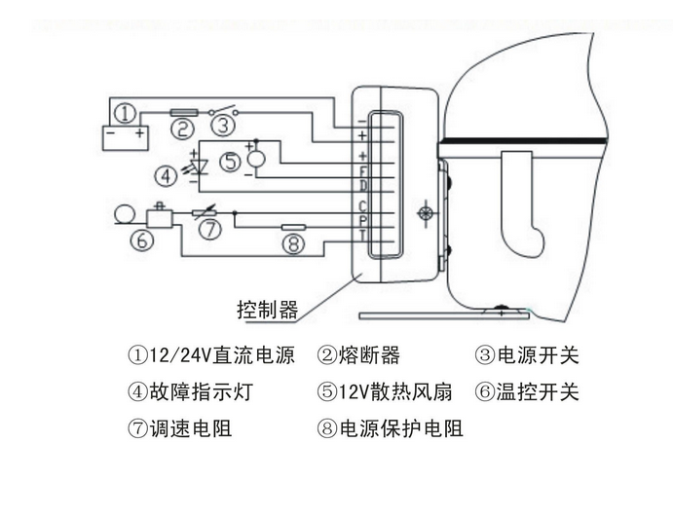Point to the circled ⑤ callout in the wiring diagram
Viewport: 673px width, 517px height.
click(x=230, y=163)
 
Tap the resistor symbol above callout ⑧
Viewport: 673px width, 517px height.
click(x=293, y=227)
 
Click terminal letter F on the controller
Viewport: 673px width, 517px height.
click(x=363, y=170)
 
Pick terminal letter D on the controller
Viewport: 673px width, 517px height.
click(x=363, y=185)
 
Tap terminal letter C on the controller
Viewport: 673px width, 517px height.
click(x=363, y=205)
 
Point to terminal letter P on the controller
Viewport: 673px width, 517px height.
click(x=363, y=220)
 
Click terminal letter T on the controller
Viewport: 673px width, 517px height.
click(x=363, y=235)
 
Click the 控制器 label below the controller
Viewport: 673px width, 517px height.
click(x=267, y=311)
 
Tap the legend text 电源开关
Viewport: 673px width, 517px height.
click(x=536, y=355)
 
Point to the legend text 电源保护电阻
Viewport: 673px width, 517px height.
click(x=399, y=429)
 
